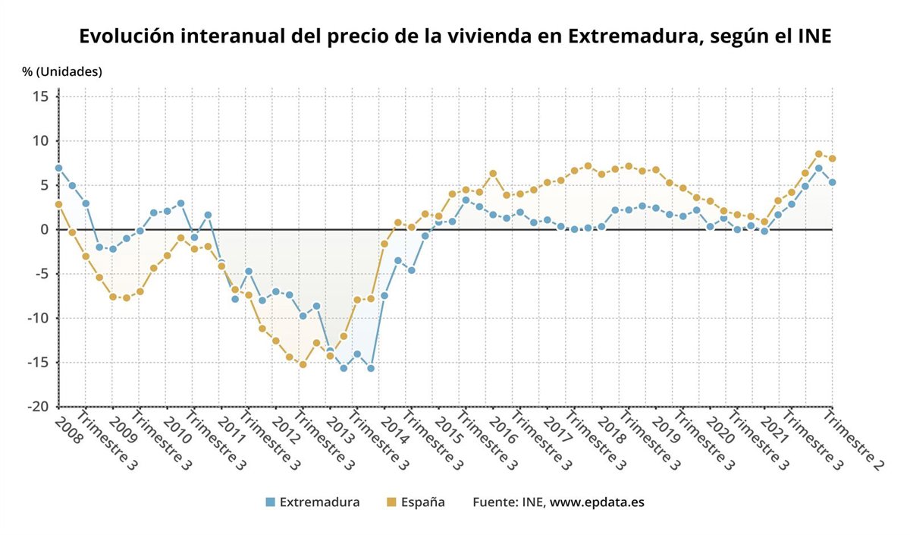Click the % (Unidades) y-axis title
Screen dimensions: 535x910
(61, 72)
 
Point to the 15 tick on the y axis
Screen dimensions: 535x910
(41, 96)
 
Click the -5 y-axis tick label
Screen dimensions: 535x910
(41, 274)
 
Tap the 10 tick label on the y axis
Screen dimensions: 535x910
(41, 141)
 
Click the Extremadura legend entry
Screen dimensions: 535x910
(319, 502)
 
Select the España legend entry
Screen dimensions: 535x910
(422, 502)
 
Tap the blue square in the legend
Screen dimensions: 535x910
(270, 502)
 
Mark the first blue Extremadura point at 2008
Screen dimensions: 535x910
(58, 168)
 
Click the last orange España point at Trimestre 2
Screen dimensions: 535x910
(832, 159)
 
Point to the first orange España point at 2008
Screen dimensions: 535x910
(58, 204)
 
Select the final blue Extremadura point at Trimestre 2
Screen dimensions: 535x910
(832, 182)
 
